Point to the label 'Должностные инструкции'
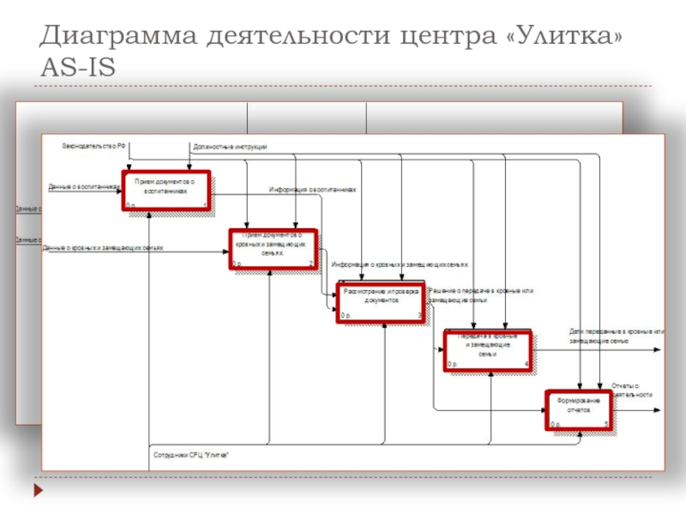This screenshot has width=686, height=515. [230, 147]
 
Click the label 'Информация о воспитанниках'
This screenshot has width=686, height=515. [312, 190]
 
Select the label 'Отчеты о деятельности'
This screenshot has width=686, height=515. [632, 390]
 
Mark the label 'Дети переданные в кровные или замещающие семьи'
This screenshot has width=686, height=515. [617, 336]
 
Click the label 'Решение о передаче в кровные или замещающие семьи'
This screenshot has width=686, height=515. [481, 296]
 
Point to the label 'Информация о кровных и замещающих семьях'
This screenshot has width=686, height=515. [400, 264]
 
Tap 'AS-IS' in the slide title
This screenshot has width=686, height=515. [77, 67]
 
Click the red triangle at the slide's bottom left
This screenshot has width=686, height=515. [38, 492]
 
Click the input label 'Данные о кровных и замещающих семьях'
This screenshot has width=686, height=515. [103, 247]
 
